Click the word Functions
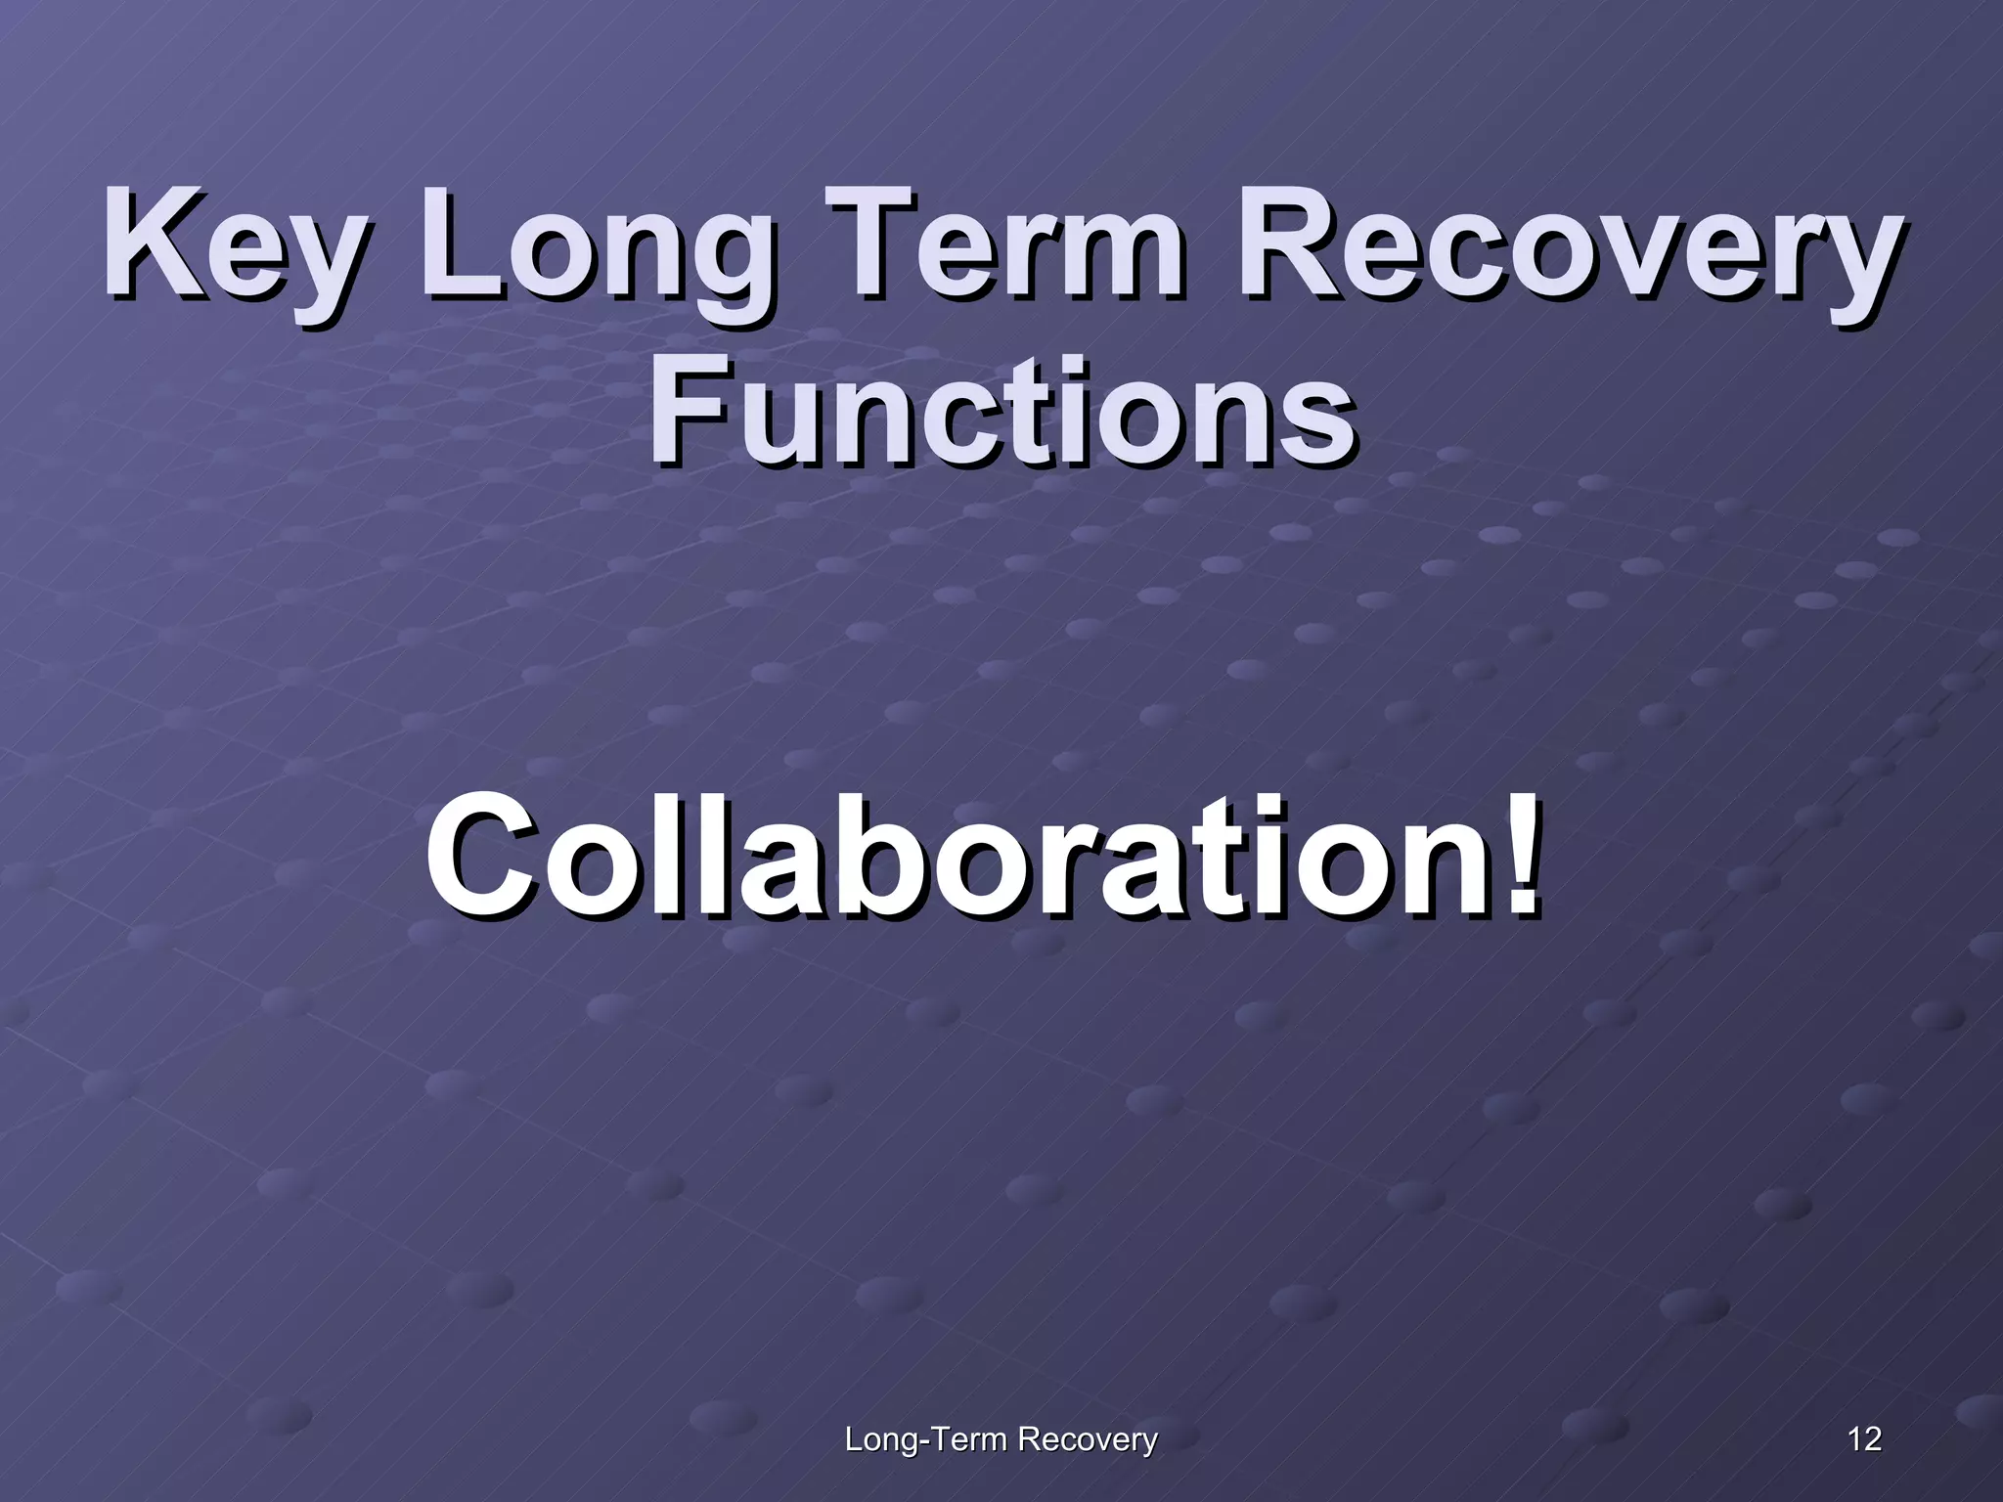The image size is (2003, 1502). click(x=1001, y=411)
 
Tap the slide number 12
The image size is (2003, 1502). click(x=1864, y=1439)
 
